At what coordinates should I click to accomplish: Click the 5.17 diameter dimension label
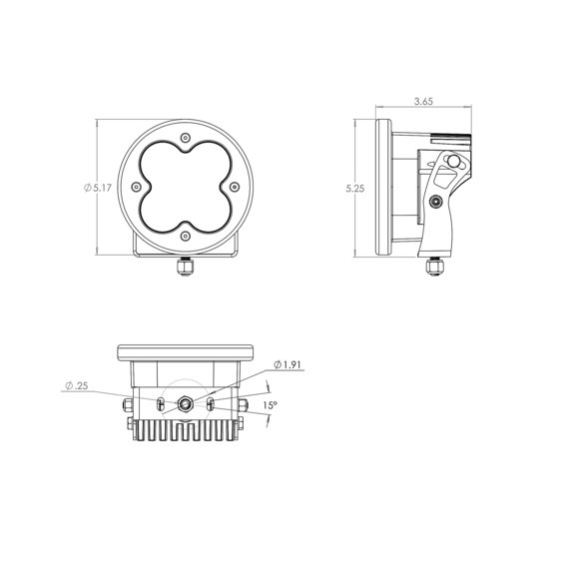coord(98,188)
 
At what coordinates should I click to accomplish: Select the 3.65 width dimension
coord(423,101)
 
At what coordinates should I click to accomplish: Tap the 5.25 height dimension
coord(355,189)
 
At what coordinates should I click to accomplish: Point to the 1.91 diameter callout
coord(288,364)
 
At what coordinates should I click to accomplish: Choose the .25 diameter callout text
coord(77,385)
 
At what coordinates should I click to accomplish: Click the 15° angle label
coord(271,405)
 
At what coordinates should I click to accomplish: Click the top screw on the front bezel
coord(186,138)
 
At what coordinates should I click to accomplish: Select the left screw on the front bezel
coord(136,187)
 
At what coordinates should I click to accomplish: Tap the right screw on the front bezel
coord(235,187)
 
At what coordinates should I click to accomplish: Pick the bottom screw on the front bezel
coord(186,236)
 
